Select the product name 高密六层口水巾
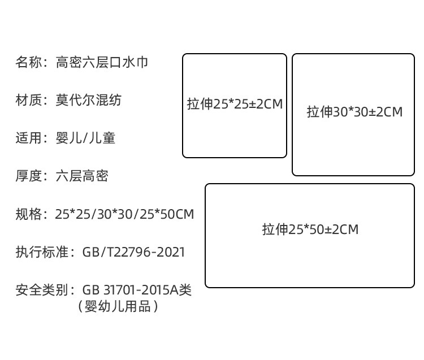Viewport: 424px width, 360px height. [102, 62]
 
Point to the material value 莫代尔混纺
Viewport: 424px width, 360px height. [88, 100]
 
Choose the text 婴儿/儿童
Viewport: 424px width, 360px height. [85, 138]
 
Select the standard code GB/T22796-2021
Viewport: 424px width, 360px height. [133, 252]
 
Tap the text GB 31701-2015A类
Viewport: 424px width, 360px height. [137, 290]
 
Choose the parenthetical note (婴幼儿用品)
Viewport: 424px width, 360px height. [118, 307]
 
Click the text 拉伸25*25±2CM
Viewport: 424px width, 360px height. [235, 105]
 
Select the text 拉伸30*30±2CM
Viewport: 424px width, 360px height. [354, 112]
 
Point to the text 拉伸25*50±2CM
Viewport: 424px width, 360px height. [310, 229]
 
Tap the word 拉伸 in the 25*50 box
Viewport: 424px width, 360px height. [275, 229]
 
